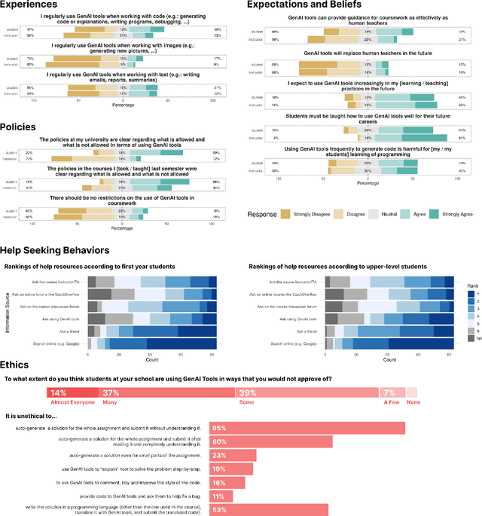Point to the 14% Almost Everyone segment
[73, 392]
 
